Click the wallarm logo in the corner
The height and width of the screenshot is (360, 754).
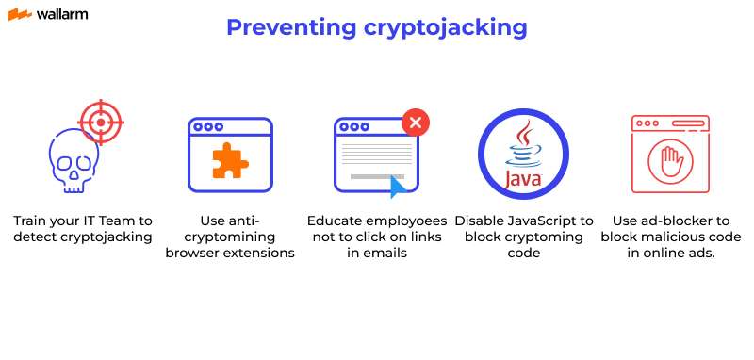point(46,16)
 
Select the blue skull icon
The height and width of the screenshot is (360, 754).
point(73,162)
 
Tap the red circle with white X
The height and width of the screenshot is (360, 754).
point(416,122)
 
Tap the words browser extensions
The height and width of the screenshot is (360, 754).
point(230,253)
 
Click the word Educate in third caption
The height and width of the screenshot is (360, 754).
point(336,220)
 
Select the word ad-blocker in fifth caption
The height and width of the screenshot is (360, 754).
point(672,220)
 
